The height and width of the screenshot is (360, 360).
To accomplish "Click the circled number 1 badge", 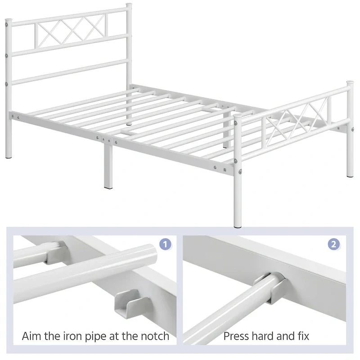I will click(x=166, y=244).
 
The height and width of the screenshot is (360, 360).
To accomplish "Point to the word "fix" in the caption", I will click(x=301, y=336).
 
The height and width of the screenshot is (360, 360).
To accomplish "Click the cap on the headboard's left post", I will click(x=8, y=20).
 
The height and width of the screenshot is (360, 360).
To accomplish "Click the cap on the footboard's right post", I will click(x=350, y=84).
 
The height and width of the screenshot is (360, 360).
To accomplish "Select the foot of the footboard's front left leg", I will click(x=238, y=223).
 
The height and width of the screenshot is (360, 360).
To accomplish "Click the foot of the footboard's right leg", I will click(x=350, y=175).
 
